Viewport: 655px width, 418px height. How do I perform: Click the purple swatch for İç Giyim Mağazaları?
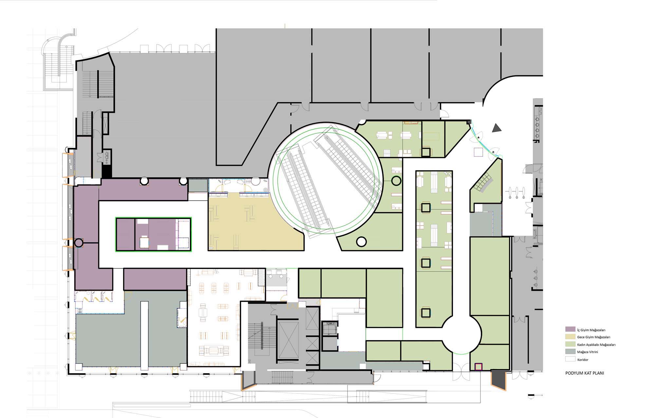[570, 329]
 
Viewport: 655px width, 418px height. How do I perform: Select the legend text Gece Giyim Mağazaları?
[593, 337]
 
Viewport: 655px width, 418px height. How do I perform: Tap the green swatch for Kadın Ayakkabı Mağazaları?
[570, 344]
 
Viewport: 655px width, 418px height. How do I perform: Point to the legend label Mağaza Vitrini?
[588, 352]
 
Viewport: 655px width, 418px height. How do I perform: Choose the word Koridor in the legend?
[583, 360]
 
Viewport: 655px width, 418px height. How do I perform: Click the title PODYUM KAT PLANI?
[585, 373]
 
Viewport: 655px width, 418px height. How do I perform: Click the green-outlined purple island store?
[153, 234]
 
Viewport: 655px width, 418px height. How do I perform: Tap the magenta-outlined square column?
[479, 367]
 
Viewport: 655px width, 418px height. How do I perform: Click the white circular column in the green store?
[361, 242]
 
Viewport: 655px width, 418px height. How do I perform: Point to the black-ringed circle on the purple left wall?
[79, 243]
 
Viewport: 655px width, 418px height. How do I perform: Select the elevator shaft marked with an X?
[288, 340]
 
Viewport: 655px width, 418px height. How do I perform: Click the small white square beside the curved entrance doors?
[478, 153]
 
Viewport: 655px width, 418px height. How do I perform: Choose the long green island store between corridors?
[434, 249]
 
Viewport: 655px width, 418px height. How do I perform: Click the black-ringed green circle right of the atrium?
[396, 181]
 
